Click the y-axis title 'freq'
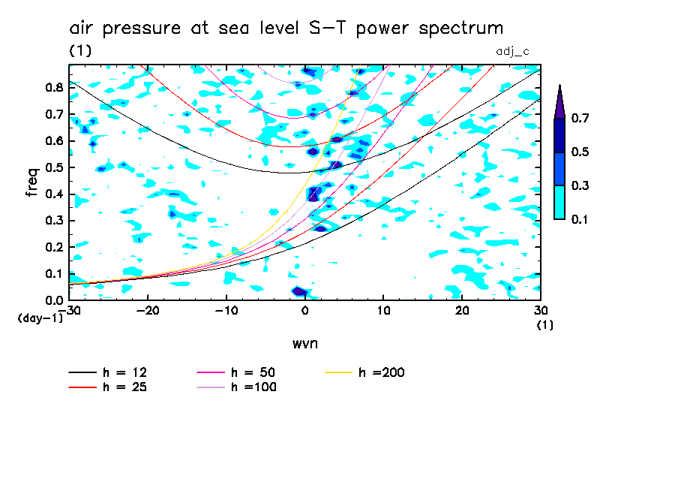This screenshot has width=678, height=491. tap(31, 182)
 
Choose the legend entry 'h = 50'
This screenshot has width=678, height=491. tap(256, 372)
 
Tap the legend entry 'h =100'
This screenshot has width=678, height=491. tap(256, 387)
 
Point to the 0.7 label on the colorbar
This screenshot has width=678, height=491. tap(579, 118)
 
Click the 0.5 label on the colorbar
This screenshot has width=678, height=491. tap(579, 152)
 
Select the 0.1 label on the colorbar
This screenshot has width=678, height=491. tap(579, 219)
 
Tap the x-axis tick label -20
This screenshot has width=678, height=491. tap(148, 310)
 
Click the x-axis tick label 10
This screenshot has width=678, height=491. tap(384, 310)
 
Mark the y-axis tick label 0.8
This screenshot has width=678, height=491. tap(52, 87)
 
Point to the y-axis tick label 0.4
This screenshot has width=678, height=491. tap(52, 194)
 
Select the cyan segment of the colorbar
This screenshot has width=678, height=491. tap(559, 202)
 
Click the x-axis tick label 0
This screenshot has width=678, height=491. tap(304, 310)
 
